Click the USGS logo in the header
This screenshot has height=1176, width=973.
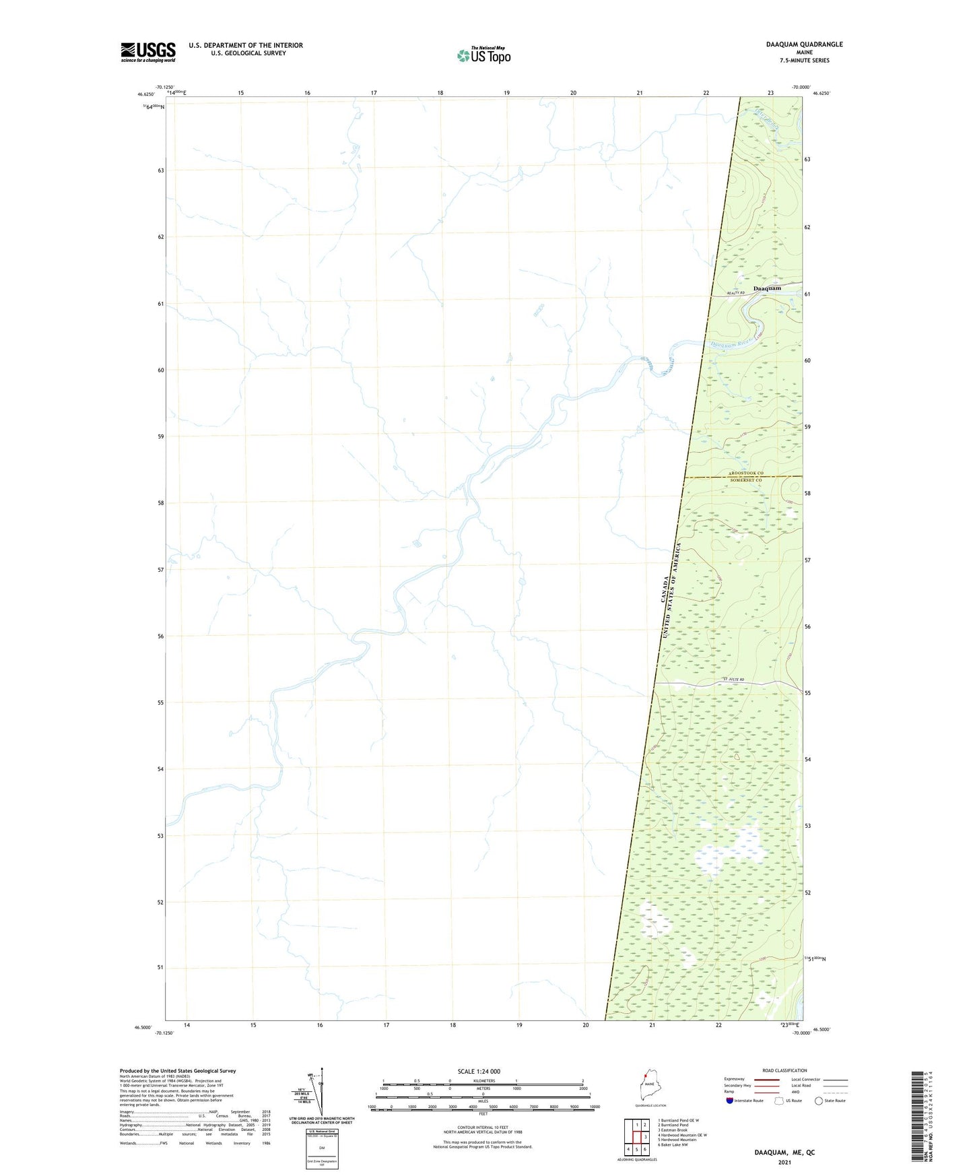click(148, 51)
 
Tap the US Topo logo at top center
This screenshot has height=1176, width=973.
click(483, 55)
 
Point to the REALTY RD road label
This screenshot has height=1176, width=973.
click(737, 294)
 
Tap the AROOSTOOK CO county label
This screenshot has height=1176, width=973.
click(746, 473)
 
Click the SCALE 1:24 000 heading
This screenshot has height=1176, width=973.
click(479, 1072)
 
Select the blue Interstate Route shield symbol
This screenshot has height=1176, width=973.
click(730, 1101)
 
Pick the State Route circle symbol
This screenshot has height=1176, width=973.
click(819, 1101)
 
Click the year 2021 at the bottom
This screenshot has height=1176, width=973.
click(784, 1163)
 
